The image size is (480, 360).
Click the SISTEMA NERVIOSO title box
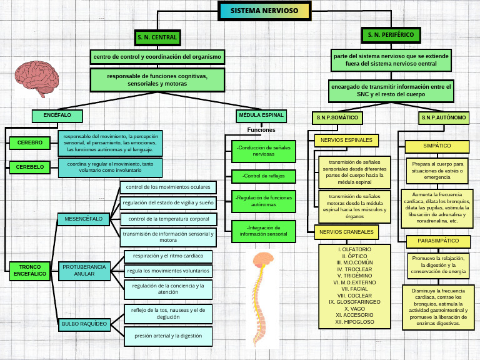[264, 11]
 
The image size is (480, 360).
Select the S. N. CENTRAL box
[157, 37]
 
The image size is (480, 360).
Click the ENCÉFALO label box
[57, 116]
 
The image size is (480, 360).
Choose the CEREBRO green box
[29, 142]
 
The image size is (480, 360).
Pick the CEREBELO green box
[29, 167]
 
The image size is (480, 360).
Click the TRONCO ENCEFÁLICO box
[29, 270]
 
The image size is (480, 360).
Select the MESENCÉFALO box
[83, 219]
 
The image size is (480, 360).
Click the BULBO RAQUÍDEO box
[84, 324]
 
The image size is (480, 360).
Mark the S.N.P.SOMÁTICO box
[337, 117]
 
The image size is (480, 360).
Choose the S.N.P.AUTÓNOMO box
[443, 117]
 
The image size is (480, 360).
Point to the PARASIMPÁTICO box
[437, 241]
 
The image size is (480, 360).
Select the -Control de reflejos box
[263, 176]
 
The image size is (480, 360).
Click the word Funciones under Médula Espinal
[261, 130]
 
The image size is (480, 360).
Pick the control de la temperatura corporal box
[168, 219]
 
